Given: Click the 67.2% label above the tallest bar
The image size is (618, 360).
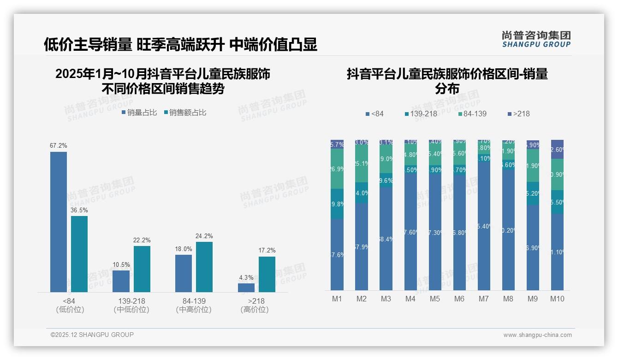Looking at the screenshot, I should [59, 146].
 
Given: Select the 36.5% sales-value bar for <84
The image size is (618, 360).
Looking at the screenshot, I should [79, 254].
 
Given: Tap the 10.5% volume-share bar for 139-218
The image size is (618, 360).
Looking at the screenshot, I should [121, 281].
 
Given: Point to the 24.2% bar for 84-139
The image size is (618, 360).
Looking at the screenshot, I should [204, 267].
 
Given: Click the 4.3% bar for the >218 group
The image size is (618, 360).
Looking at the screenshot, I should [246, 288].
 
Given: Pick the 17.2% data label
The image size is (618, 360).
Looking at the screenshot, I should [267, 251].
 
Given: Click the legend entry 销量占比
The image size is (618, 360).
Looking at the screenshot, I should [139, 113].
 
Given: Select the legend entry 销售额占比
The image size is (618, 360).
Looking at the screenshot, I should [185, 113].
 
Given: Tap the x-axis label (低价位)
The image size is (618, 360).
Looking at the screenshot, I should [70, 310].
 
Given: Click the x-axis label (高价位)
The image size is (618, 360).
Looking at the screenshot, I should [254, 310].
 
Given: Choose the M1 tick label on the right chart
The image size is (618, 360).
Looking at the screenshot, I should [337, 299].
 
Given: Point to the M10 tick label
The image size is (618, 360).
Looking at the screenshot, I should [557, 299].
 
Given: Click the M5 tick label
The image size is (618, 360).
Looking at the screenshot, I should [435, 299].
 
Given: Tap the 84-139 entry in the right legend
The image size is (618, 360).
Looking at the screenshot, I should [472, 114].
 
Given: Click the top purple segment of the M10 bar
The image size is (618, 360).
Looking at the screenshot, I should [557, 149].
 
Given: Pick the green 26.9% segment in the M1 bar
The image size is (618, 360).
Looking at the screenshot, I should [337, 169].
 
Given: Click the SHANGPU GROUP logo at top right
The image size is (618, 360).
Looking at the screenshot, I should [536, 39].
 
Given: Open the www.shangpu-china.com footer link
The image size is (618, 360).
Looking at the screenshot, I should [537, 335].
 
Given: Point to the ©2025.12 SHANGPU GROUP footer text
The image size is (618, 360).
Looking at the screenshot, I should [92, 335].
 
